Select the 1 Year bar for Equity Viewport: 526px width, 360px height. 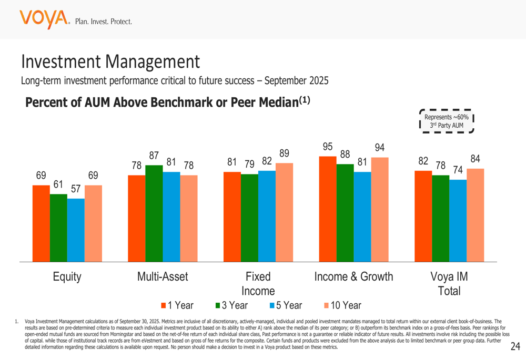[41, 223]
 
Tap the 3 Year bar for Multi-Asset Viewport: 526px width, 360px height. [154, 213]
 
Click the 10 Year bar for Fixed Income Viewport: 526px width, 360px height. [284, 212]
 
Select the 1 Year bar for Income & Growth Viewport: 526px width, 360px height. [328, 209]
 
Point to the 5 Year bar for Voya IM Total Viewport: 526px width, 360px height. [458, 220]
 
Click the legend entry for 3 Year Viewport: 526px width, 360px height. [231, 305]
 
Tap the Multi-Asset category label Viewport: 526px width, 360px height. [163, 277]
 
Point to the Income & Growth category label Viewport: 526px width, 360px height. [353, 277]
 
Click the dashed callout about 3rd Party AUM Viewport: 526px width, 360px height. [447, 121]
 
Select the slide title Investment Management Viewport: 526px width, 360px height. [110, 62]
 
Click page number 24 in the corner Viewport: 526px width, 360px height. [515, 346]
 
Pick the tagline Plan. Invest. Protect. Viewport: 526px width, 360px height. [104, 22]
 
